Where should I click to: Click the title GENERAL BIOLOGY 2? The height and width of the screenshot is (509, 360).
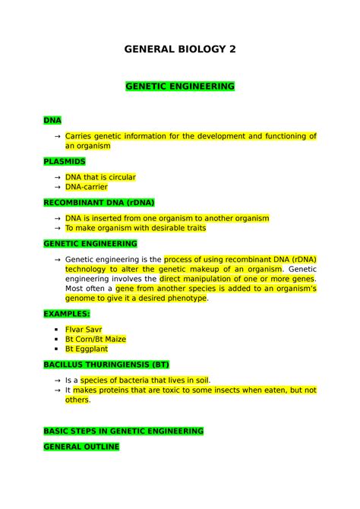coord(180,50)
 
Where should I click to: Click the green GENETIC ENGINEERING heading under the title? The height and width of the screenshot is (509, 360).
coord(180,87)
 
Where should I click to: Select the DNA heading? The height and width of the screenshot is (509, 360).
coord(52,120)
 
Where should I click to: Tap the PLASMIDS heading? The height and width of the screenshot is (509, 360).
coord(65,161)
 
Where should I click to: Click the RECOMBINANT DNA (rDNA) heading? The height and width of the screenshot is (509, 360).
coord(99,203)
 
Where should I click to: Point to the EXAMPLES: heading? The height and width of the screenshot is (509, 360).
coord(67,313)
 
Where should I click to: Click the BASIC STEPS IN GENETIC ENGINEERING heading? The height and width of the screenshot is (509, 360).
coord(123,431)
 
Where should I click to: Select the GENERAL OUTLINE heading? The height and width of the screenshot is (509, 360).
coord(81,447)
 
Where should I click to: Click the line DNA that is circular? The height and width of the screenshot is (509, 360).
coord(100,177)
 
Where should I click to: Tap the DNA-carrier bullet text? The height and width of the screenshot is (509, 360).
coord(86,187)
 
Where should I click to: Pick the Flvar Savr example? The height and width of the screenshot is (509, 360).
coord(89,329)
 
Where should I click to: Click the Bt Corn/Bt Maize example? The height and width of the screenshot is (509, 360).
coord(96,339)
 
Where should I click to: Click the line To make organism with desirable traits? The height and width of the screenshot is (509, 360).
coord(135,228)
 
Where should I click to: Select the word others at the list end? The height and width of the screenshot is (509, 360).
coord(77,400)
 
